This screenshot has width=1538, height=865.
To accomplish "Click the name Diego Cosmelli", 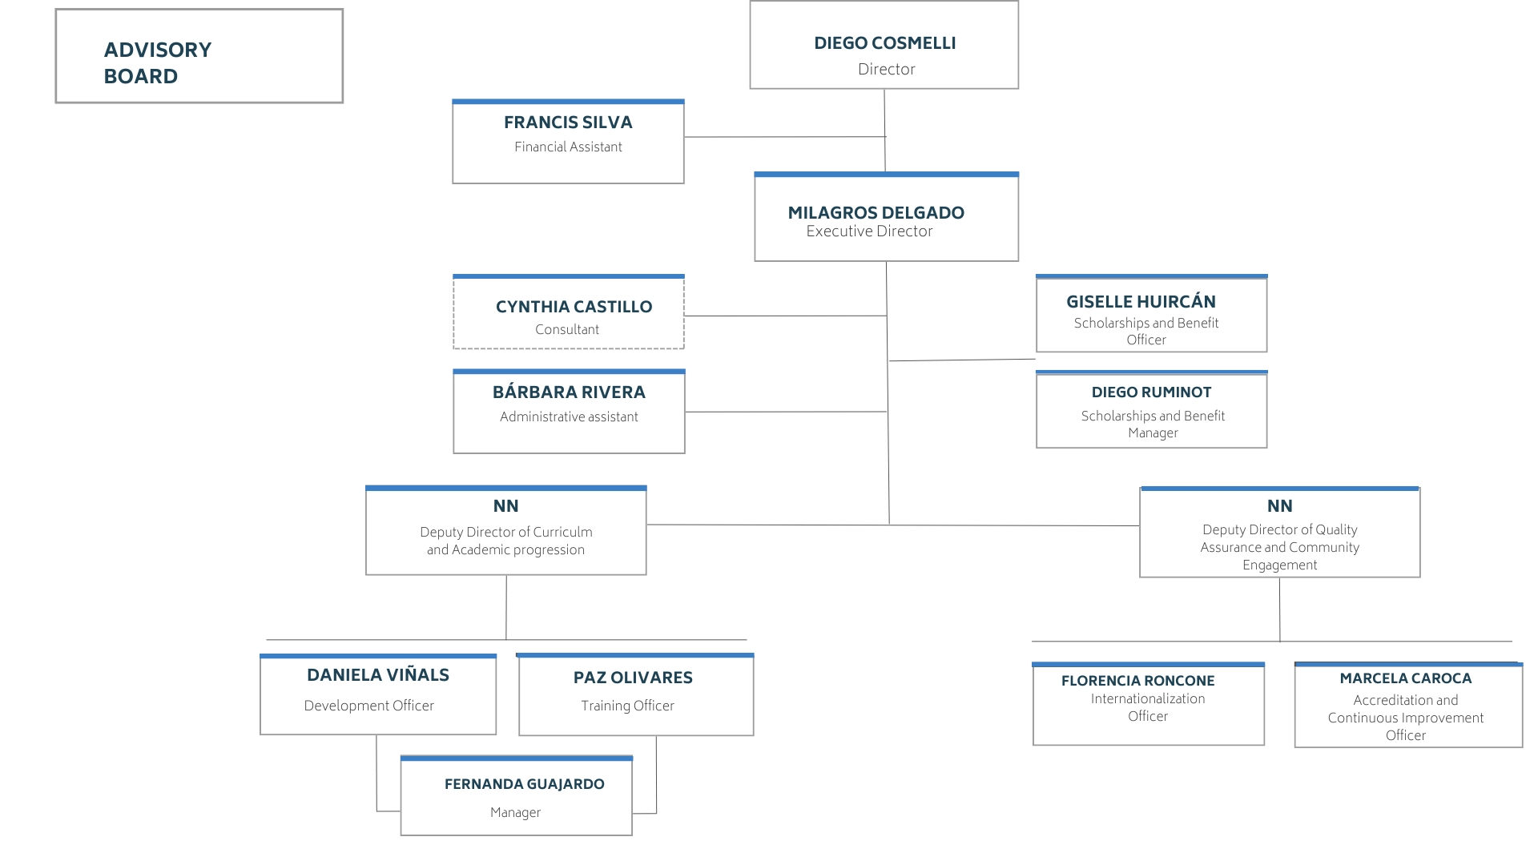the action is pos(885,43).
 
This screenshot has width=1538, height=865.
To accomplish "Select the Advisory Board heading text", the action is pos(158,62).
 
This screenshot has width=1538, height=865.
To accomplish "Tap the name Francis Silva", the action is pos(568,123).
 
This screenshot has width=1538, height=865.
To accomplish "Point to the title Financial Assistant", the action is pos(568,147).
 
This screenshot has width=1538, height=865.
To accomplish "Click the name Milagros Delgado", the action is pos(876,213).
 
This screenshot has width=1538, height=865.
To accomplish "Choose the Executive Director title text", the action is pos(870,231).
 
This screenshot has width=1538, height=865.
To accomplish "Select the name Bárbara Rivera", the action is pos(569,392).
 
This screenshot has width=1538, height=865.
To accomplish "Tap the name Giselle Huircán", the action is pos(1141,302).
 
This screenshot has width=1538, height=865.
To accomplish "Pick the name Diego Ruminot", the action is pos(1151,392).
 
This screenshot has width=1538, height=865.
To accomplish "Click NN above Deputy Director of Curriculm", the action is pos(506,506).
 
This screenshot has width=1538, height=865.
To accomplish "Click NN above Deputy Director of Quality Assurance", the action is pos(1280,506).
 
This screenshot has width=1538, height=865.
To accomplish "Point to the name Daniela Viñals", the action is pos(378,675).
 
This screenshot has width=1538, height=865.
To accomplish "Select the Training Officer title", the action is pos(628,706).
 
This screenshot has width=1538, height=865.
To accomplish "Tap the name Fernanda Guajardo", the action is pos(525,784).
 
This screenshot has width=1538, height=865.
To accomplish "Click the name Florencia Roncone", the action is pos(1137,681).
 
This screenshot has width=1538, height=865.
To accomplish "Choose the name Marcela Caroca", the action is pos(1406,678).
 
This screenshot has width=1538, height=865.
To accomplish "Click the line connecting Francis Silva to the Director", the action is pos(785,137).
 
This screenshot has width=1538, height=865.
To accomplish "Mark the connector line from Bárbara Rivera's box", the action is pos(786,412).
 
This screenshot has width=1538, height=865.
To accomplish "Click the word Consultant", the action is pos(567,329).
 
